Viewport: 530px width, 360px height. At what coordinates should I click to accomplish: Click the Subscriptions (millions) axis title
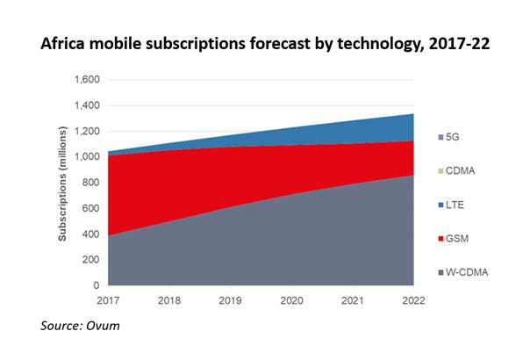coord(62,183)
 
